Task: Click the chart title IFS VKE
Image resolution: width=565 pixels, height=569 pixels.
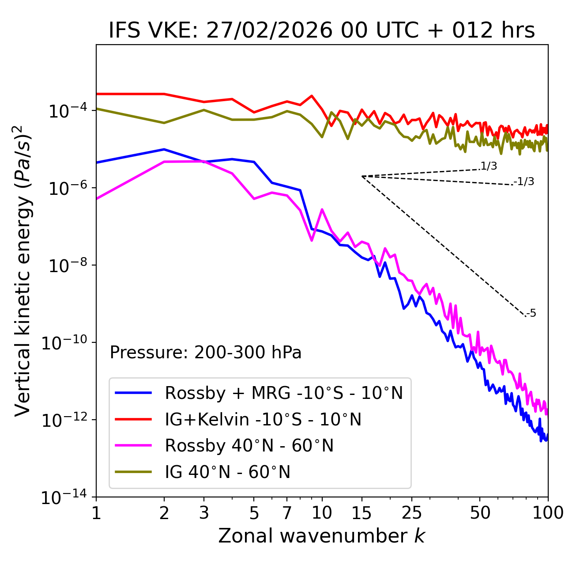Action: click(x=321, y=31)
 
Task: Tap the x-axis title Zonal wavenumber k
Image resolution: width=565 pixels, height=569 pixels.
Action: click(x=321, y=536)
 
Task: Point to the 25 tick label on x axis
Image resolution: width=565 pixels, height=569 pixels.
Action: click(x=411, y=513)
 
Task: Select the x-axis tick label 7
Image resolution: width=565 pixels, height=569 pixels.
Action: click(x=287, y=513)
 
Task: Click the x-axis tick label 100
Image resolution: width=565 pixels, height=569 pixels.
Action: click(x=548, y=513)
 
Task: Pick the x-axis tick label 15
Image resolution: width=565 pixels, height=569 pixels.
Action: click(x=362, y=513)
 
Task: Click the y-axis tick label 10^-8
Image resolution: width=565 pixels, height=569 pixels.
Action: click(x=66, y=266)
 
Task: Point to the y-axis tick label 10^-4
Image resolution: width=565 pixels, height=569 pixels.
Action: click(x=66, y=111)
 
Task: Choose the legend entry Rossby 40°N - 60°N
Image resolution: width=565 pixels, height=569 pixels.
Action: click(x=249, y=446)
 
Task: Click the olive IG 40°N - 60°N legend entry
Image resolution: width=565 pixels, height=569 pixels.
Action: click(x=227, y=472)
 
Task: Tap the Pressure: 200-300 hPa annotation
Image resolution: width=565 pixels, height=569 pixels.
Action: click(x=205, y=353)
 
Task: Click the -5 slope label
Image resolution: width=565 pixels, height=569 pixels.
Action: click(x=531, y=314)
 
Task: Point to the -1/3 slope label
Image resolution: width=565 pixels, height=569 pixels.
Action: click(x=524, y=182)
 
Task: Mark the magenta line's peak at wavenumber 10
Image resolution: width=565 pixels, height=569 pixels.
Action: click(x=322, y=209)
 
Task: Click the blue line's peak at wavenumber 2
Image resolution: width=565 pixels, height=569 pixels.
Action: click(x=164, y=149)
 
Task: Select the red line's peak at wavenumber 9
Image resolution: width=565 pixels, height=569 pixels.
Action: click(x=312, y=95)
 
